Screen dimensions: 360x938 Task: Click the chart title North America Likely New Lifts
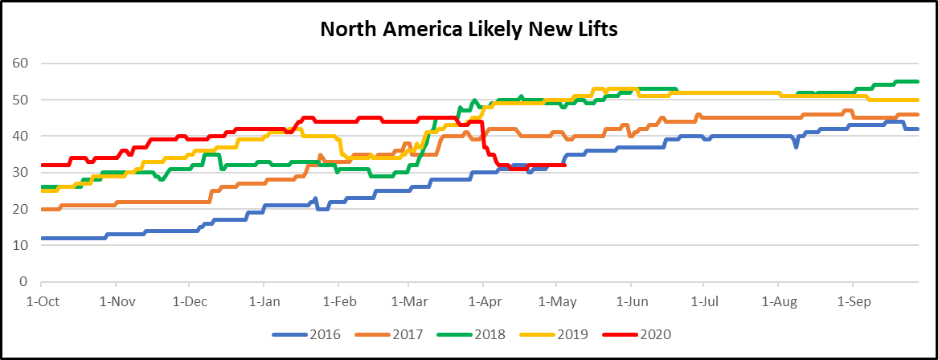pos(469,30)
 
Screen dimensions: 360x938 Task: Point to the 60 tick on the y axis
pos(22,63)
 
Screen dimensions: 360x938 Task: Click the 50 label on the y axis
pos(22,100)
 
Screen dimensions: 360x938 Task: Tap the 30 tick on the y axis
pos(22,173)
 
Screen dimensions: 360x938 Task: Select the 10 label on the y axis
pos(22,245)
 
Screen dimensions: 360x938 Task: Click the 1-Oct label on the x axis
pos(41,302)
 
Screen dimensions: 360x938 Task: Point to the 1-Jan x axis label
pos(264,302)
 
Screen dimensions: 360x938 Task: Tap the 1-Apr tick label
pos(482,302)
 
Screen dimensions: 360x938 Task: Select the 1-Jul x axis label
pos(703,302)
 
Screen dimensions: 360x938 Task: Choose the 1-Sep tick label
pos(852,302)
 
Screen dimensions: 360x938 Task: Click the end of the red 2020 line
pos(565,166)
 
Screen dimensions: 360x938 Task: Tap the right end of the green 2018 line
pos(917,81)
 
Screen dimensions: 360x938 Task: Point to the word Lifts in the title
pos(594,30)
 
